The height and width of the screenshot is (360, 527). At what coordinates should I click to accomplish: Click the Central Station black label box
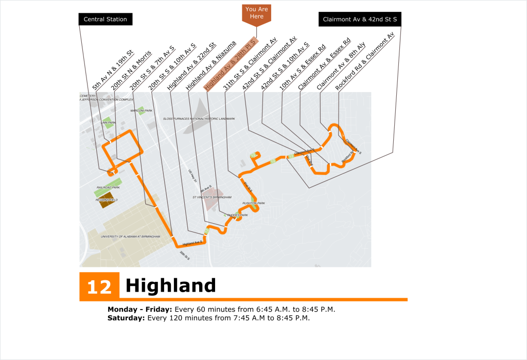105,20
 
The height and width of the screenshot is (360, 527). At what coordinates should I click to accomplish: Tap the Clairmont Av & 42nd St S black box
360,20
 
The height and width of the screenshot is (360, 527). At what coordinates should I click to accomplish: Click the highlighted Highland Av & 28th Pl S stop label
230,64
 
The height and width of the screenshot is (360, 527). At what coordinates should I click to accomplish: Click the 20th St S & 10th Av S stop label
172,67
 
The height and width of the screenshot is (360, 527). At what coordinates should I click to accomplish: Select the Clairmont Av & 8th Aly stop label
341,66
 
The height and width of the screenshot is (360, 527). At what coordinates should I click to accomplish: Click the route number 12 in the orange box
99,286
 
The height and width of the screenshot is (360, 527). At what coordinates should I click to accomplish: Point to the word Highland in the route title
170,285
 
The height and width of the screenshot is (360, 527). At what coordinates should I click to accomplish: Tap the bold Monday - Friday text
140,310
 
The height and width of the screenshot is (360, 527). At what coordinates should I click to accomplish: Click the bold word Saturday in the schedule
126,318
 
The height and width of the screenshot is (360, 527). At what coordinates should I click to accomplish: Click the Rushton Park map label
253,204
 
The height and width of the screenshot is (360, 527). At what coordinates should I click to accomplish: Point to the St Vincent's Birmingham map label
212,197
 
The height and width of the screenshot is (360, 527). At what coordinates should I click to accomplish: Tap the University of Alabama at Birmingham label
131,237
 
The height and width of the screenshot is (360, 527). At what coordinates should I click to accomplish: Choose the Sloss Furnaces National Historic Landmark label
199,119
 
